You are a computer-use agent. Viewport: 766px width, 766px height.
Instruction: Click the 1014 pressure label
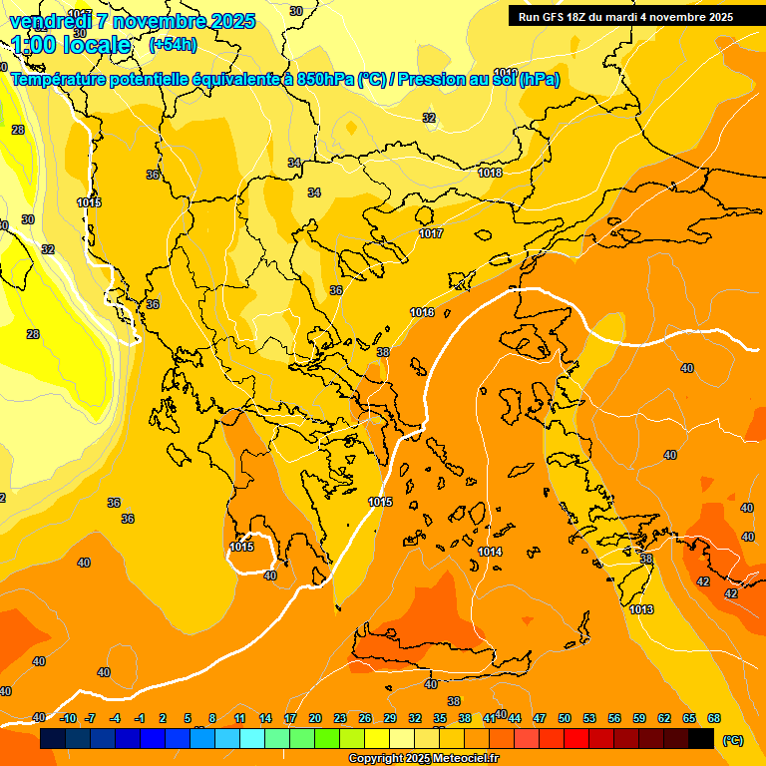pyautogui.click(x=490, y=552)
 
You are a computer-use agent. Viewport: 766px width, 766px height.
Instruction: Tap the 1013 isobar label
pyautogui.click(x=641, y=609)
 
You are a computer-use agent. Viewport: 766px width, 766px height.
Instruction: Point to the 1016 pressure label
pyautogui.click(x=422, y=312)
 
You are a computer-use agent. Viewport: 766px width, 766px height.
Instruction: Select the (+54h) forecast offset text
pyautogui.click(x=172, y=44)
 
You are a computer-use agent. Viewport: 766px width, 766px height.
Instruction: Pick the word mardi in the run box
pyautogui.click(x=627, y=16)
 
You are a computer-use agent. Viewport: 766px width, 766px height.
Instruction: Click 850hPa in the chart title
pyautogui.click(x=325, y=79)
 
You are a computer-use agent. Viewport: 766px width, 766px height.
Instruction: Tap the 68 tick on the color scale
pyautogui.click(x=714, y=718)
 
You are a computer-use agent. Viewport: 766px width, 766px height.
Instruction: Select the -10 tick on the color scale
pyautogui.click(x=68, y=718)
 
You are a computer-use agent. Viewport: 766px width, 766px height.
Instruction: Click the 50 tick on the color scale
pyautogui.click(x=565, y=718)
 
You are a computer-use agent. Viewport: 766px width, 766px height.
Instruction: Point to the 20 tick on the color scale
pyautogui.click(x=315, y=718)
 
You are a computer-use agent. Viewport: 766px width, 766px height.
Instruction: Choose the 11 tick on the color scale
pyautogui.click(x=240, y=718)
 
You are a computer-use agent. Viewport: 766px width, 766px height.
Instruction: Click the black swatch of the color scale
pyautogui.click(x=701, y=738)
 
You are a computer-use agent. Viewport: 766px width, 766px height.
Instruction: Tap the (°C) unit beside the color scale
pyautogui.click(x=732, y=739)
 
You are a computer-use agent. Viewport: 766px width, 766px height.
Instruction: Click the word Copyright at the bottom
pyautogui.click(x=376, y=759)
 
